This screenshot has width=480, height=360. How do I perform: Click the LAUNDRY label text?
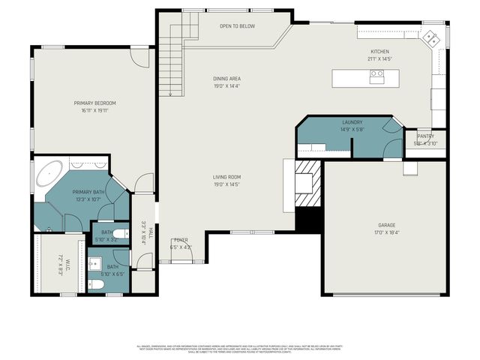pyautogui.click(x=352, y=121)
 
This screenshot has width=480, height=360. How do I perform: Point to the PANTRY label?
pyautogui.click(x=425, y=136)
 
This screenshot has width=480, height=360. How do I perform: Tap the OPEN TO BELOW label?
pyautogui.click(x=237, y=26)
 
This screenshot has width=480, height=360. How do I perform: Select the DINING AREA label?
pyautogui.click(x=226, y=78)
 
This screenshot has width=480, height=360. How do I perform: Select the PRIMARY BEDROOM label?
pyautogui.click(x=94, y=103)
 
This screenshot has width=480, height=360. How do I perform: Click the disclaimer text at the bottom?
pyautogui.click(x=239, y=349)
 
